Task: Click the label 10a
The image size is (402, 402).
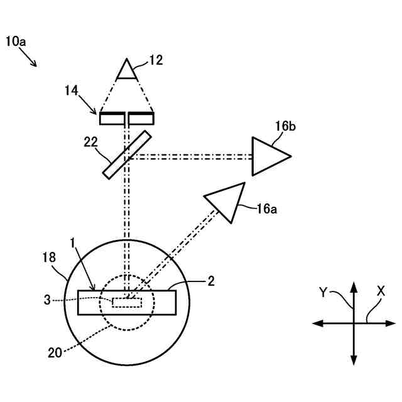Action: pyautogui.click(x=16, y=41)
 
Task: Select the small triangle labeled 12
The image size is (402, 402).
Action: pyautogui.click(x=128, y=70)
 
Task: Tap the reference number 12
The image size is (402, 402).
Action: pyautogui.click(x=156, y=60)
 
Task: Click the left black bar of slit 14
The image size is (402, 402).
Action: pyautogui.click(x=111, y=117)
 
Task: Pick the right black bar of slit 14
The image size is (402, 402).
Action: pyautogui.click(x=143, y=117)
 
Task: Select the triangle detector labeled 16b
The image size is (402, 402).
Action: pyautogui.click(x=269, y=156)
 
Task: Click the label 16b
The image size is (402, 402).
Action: pyautogui.click(x=285, y=127)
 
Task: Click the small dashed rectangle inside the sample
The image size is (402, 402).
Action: pyautogui.click(x=128, y=302)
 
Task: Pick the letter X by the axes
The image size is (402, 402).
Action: pyautogui.click(x=381, y=291)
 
